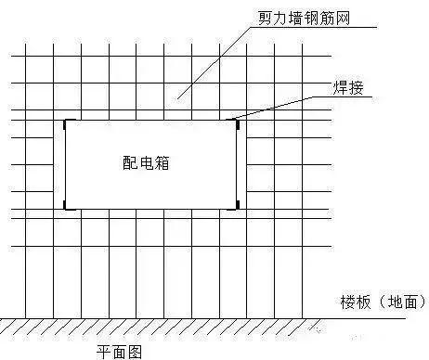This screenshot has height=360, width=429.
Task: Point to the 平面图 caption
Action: point(121,351)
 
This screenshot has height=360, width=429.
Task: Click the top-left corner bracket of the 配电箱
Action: point(64,122)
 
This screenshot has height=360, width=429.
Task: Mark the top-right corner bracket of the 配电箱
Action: point(237,122)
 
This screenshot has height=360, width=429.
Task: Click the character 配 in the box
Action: point(130,161)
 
